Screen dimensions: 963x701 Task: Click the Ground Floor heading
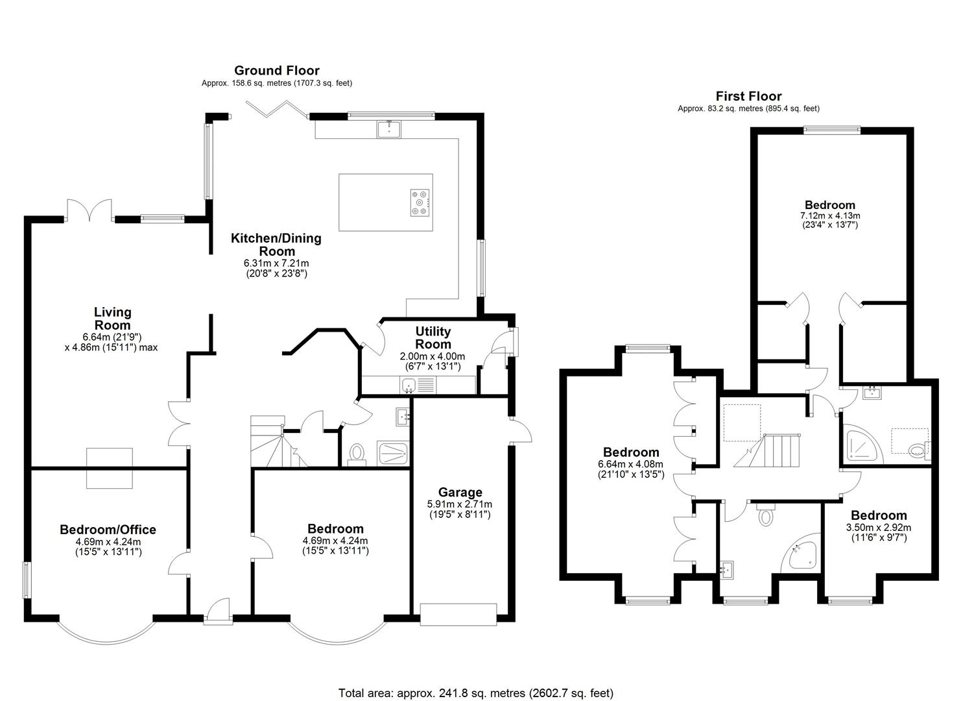point(276,70)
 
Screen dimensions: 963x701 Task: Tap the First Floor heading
point(748,96)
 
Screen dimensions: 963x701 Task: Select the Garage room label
point(460,492)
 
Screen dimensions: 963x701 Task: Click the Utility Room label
point(433,338)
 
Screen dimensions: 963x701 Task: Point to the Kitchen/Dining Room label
point(276,245)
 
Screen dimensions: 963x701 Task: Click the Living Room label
point(113,319)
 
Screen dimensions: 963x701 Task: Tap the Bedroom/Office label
point(108,529)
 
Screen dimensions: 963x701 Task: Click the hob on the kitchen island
point(420,203)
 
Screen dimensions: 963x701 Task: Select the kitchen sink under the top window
point(389,129)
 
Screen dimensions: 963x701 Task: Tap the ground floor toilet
point(357,454)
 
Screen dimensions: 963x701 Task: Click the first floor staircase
point(767,450)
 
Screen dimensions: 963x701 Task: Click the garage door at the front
point(458,615)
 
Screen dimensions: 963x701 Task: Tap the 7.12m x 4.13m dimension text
point(829,215)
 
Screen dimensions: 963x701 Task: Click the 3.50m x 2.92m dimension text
point(879,527)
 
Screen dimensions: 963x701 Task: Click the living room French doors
point(89,210)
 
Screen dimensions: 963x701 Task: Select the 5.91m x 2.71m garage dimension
point(460,504)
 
